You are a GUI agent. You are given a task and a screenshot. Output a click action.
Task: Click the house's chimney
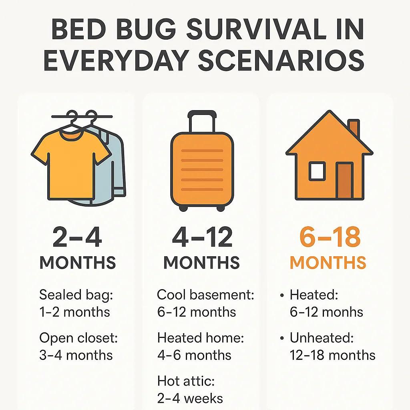pyautogui.click(x=353, y=128)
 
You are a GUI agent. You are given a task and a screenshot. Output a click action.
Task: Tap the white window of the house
pyautogui.click(x=317, y=171)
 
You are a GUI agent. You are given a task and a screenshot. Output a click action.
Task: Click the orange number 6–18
pyautogui.click(x=330, y=237)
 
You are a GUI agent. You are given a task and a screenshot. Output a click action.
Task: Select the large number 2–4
pyautogui.click(x=77, y=237)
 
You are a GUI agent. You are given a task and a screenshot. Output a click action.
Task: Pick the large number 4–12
pyautogui.click(x=202, y=237)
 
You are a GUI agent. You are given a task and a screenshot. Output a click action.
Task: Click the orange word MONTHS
pyautogui.click(x=328, y=263)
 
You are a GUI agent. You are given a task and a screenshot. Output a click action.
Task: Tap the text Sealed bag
pyautogui.click(x=76, y=295)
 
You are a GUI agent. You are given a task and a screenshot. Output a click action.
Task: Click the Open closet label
pyautogui.click(x=78, y=338)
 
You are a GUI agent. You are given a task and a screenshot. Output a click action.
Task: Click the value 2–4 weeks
pyautogui.click(x=190, y=398)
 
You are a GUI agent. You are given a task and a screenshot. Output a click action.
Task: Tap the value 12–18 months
pyautogui.click(x=332, y=355)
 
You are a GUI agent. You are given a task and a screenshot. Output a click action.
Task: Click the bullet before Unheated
pyautogui.click(x=282, y=339)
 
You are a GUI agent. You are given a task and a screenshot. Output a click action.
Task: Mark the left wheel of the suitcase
pyautogui.click(x=183, y=208)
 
